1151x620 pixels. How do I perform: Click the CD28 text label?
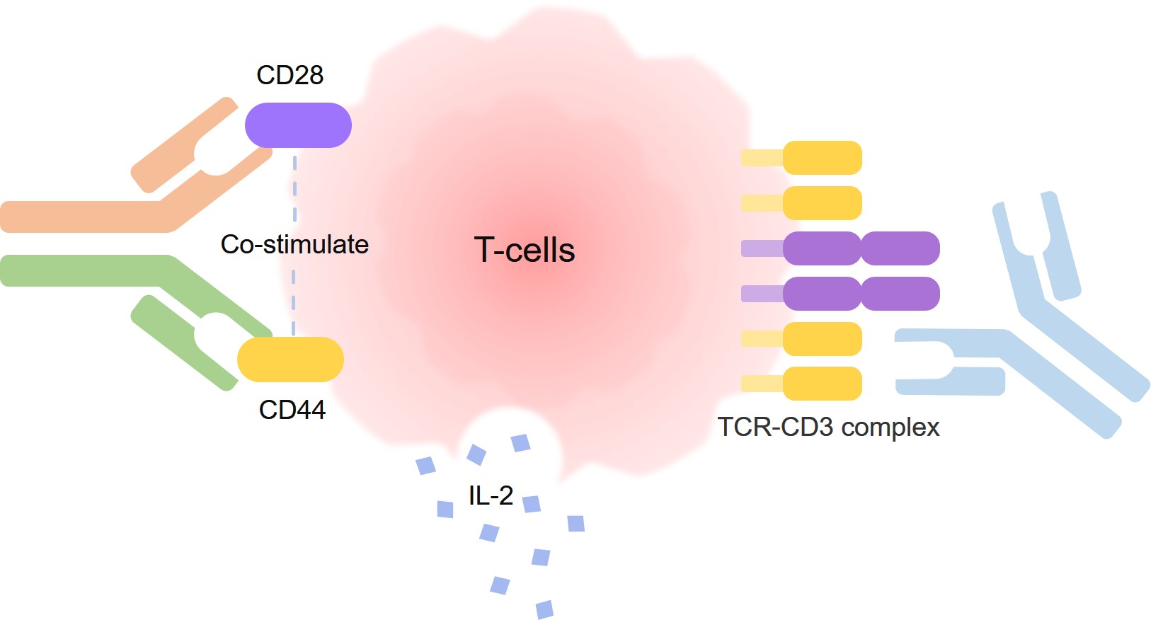[x=290, y=75]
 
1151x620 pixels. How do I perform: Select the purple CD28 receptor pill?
[x=298, y=125]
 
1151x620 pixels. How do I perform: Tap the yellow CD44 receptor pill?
[x=290, y=360]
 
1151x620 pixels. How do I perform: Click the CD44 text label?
[x=292, y=410]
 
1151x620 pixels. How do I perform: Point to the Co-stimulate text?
[x=294, y=245]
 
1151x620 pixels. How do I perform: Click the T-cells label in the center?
[x=524, y=250]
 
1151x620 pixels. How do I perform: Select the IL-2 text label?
[x=491, y=495]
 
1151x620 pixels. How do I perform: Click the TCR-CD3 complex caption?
[x=828, y=427]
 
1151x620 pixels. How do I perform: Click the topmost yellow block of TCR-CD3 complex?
[x=822, y=158]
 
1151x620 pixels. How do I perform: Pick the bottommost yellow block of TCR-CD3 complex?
[x=822, y=384]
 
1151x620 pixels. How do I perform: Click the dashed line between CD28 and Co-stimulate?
[x=295, y=188]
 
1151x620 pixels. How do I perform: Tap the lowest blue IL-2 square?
[x=544, y=609]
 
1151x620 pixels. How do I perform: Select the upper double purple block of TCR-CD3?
[x=861, y=248]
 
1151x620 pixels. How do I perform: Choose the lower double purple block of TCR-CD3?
[x=861, y=294]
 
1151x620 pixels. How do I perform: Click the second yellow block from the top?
[x=822, y=203]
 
